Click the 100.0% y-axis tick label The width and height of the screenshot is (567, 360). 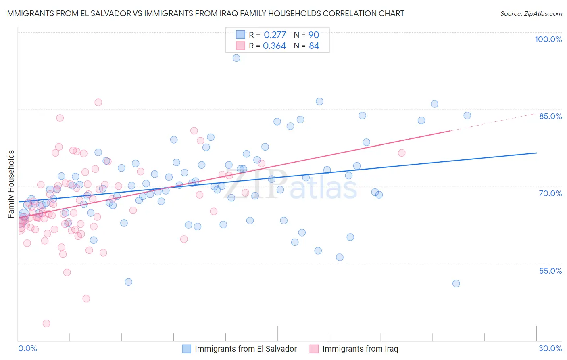[548, 39]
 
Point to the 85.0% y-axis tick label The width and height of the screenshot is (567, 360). [550, 116]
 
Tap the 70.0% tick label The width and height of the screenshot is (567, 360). [550, 193]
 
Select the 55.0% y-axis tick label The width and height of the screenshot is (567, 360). [550, 271]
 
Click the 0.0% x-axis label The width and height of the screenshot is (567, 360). [27, 348]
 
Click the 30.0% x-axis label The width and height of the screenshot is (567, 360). [550, 348]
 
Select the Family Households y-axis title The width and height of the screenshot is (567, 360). [11, 184]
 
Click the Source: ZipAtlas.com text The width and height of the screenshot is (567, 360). [531, 14]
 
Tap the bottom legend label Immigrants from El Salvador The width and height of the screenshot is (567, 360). [246, 349]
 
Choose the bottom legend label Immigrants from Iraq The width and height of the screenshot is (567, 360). [360, 349]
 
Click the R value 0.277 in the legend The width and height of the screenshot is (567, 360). [275, 35]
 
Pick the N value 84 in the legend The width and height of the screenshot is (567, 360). [314, 46]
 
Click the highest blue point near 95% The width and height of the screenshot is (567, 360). [236, 58]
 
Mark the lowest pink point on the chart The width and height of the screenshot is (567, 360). [46, 323]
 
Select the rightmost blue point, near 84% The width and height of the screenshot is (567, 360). [467, 115]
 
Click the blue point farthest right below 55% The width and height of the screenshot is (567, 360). [456, 283]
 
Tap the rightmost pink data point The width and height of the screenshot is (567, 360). [402, 153]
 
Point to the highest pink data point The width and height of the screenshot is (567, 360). [98, 102]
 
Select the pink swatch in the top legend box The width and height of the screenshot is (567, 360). [240, 46]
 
